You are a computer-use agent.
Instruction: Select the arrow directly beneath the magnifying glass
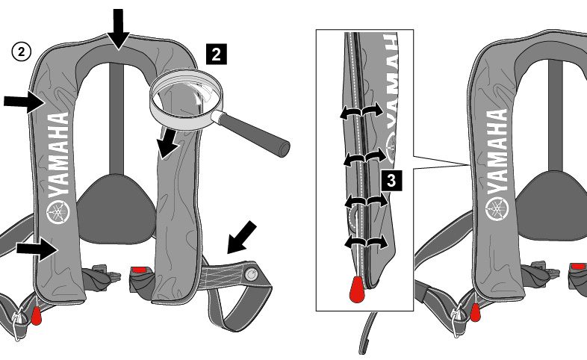coord(167,143)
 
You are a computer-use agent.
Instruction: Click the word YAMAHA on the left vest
coord(59,153)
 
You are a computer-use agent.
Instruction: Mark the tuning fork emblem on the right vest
coord(497,207)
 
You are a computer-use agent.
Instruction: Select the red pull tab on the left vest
coord(36,314)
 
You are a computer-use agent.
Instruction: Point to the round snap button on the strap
coord(252,276)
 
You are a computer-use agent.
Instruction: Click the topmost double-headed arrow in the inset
coord(361,111)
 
